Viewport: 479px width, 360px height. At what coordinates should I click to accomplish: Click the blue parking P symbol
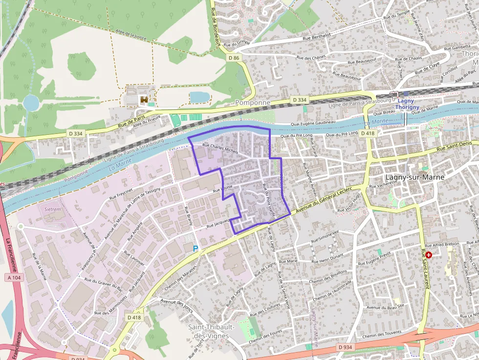click(x=196, y=249)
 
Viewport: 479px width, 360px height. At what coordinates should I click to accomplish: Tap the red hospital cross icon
click(x=429, y=254)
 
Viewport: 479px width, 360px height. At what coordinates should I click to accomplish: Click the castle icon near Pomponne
click(x=144, y=100)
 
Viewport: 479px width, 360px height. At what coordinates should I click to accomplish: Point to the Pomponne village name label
click(x=253, y=103)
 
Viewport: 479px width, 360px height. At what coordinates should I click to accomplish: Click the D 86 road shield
click(x=234, y=58)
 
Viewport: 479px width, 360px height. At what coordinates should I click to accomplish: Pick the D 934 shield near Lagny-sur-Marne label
click(x=345, y=347)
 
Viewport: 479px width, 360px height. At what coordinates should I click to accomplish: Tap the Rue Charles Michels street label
click(x=220, y=148)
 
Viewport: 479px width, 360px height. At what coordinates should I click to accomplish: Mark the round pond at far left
click(x=31, y=103)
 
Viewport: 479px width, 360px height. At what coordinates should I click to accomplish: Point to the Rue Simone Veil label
click(x=325, y=235)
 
